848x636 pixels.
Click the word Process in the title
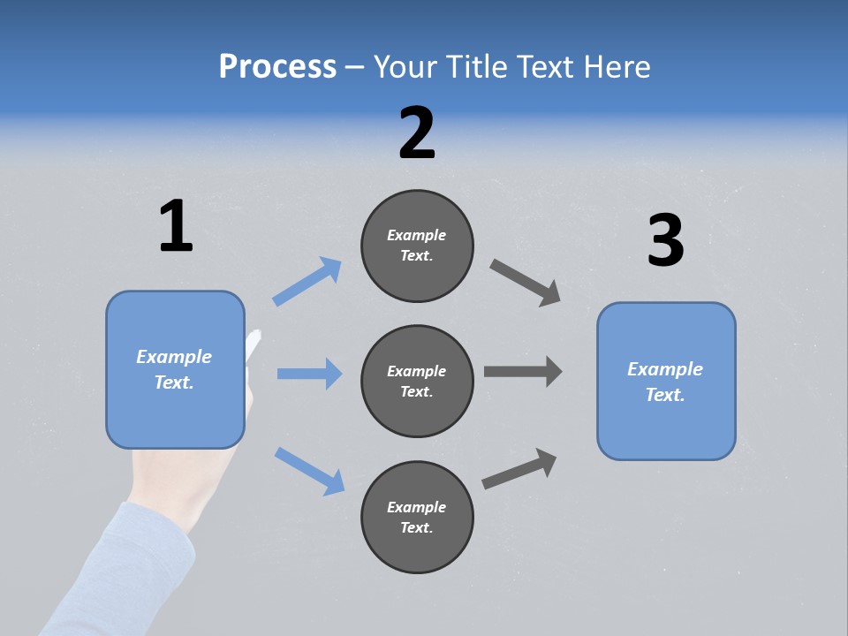tap(277, 67)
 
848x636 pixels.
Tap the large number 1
tap(176, 227)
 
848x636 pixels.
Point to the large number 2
tap(417, 133)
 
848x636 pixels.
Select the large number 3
tap(665, 240)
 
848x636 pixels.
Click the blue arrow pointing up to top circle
tap(308, 281)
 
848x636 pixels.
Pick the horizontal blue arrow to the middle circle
tap(309, 374)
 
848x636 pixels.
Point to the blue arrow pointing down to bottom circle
tap(309, 470)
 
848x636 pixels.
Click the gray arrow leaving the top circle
tap(526, 283)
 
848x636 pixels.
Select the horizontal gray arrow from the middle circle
tap(523, 372)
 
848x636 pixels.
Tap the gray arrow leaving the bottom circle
tap(520, 468)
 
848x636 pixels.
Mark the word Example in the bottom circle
tap(417, 507)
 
